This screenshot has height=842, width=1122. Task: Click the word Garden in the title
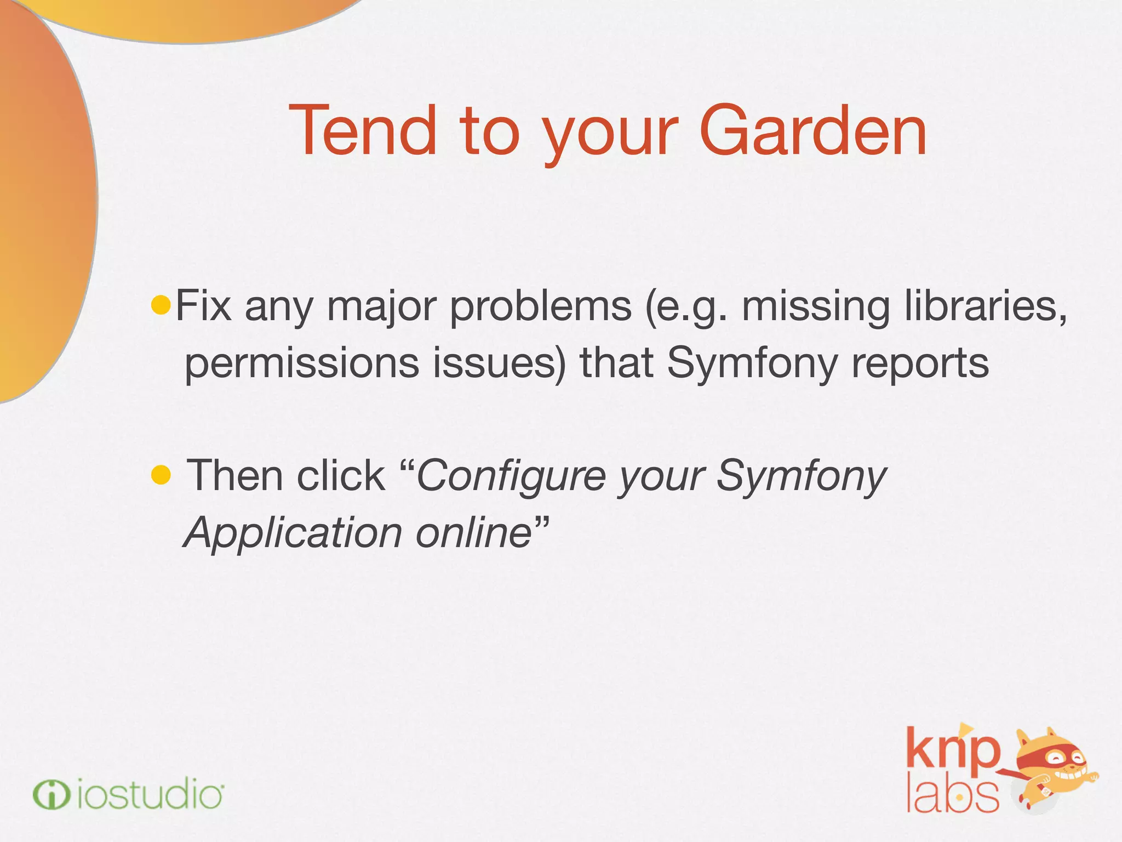point(813,132)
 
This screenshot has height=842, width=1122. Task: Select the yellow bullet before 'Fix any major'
point(161,305)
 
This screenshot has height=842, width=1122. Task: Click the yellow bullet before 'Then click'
point(161,475)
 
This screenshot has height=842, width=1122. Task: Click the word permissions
point(302,363)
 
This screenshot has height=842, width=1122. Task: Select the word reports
point(920,363)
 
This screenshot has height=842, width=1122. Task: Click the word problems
point(541,306)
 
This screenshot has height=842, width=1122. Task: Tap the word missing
point(815,306)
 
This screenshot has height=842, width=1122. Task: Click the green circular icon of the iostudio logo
point(51,795)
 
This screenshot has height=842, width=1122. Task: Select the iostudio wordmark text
point(150,795)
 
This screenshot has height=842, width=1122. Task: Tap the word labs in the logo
point(952,795)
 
